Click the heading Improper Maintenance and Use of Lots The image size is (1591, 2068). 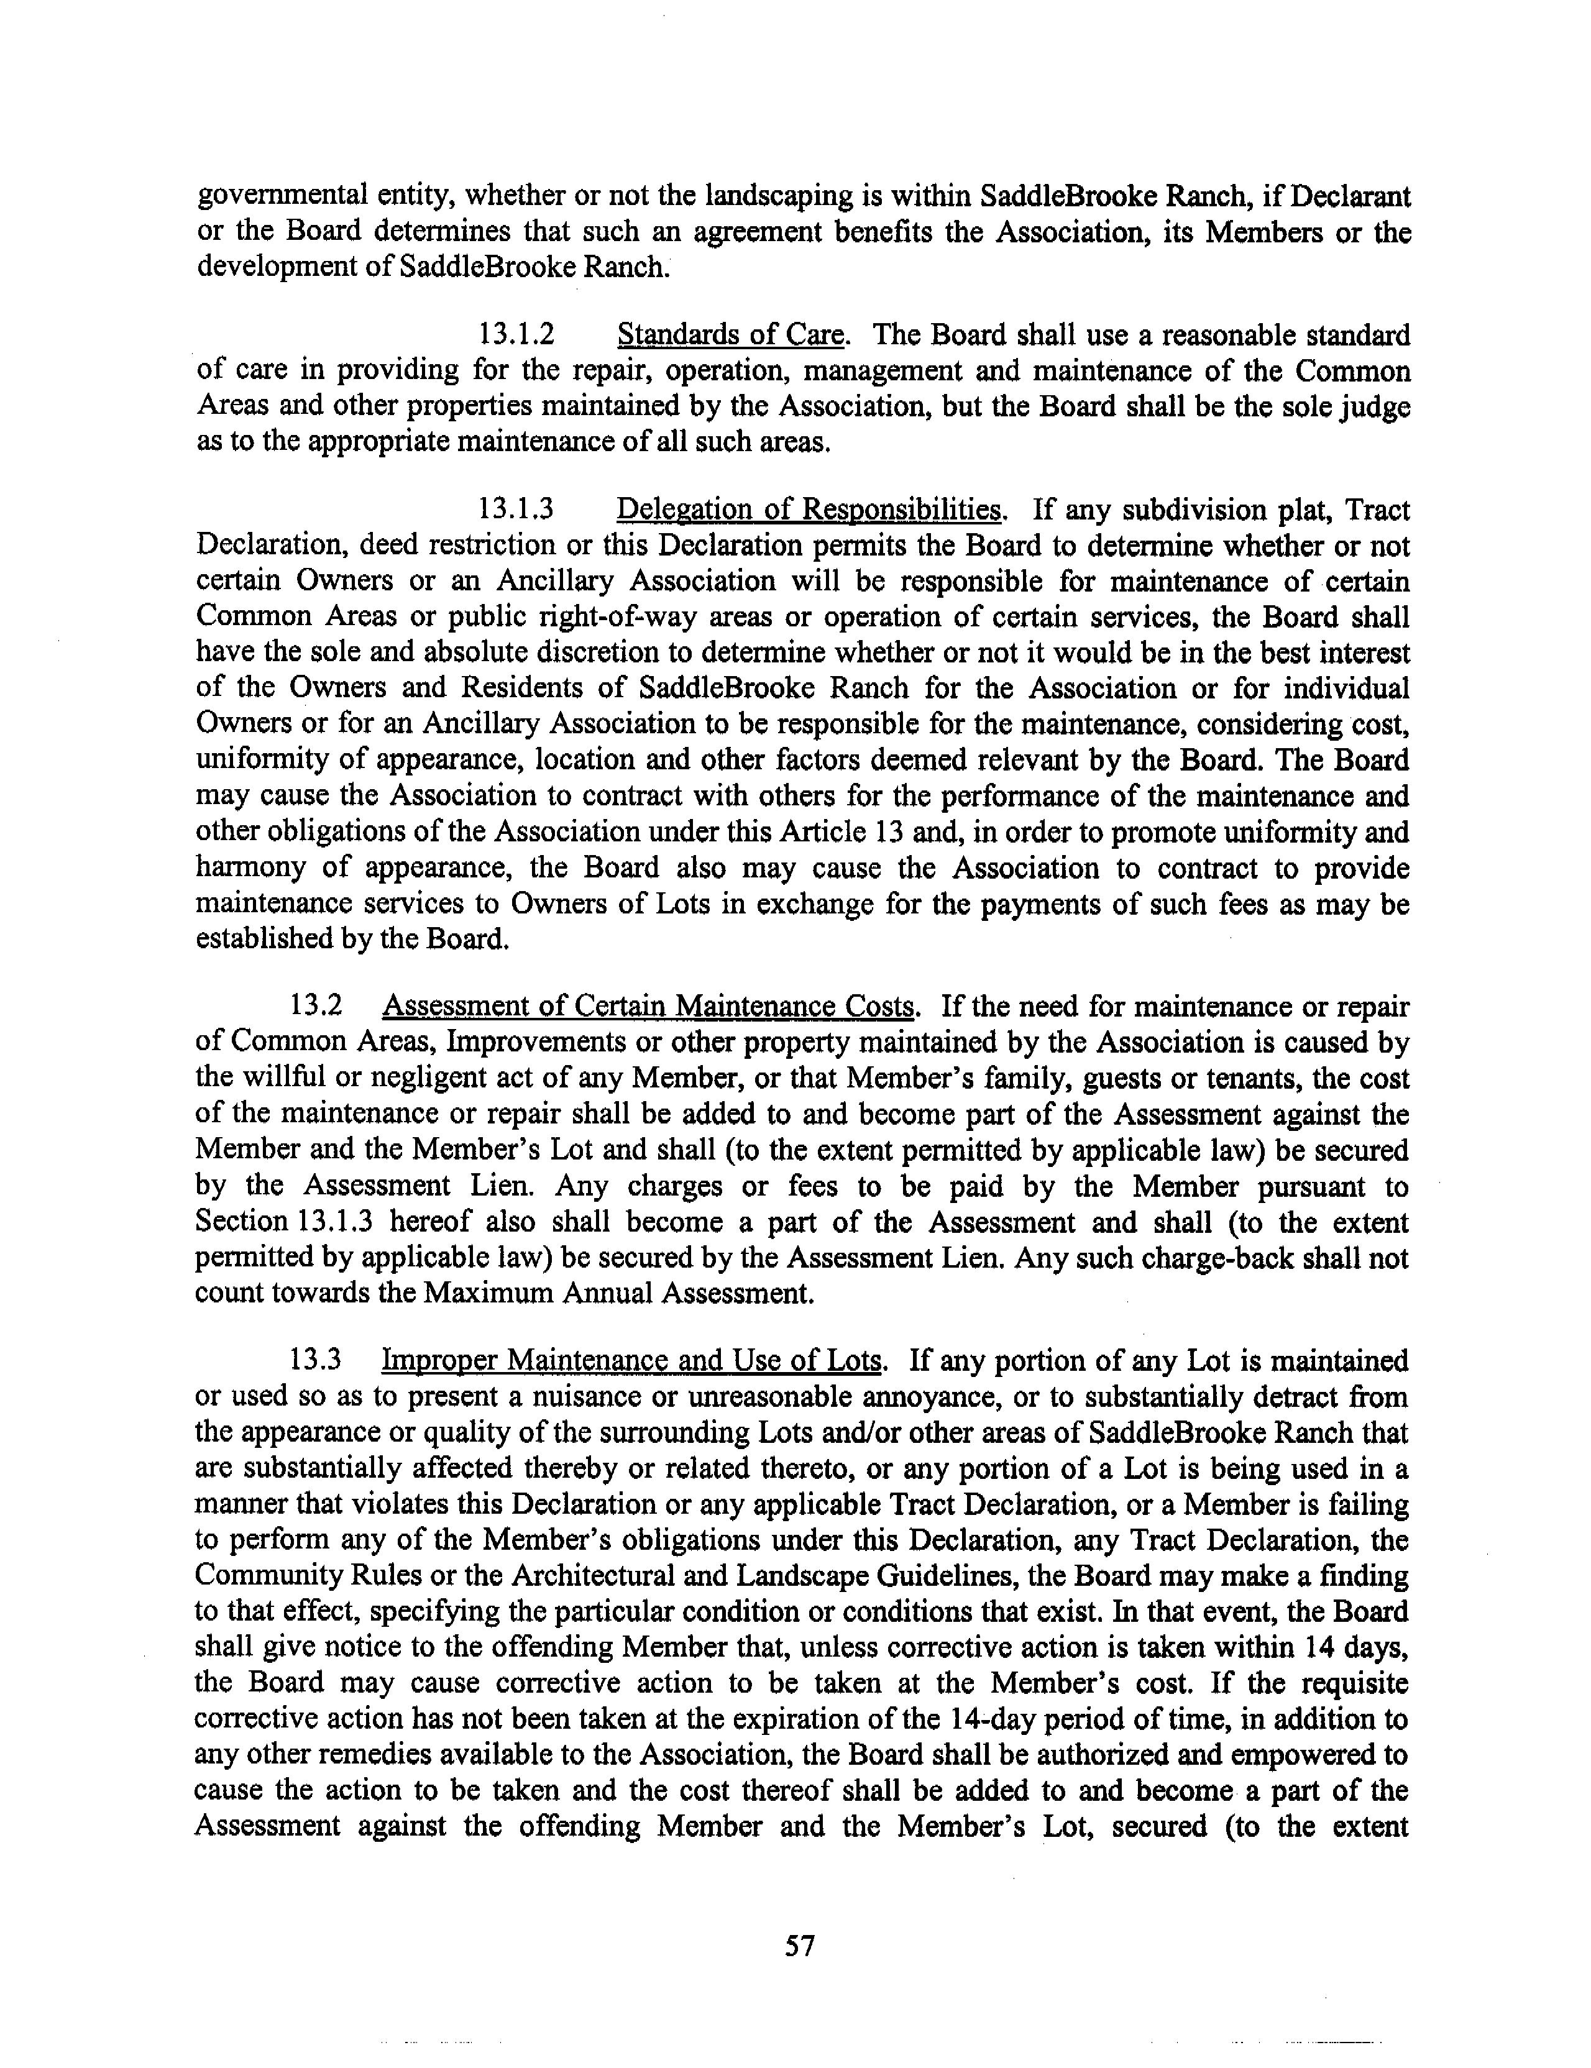633,1361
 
